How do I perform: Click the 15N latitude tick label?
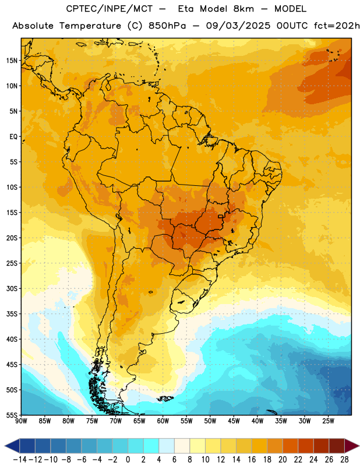[x=12, y=61]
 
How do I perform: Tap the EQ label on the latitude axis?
[x=13, y=137]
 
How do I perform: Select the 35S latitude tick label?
[x=12, y=314]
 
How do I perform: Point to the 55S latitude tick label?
[x=12, y=415]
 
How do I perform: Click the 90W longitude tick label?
[x=21, y=421]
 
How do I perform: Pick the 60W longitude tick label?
[x=163, y=421]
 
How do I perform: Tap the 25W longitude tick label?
[x=328, y=421]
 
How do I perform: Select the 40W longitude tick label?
[x=257, y=421]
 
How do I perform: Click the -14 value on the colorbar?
[x=20, y=460]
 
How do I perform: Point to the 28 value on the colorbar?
[x=344, y=460]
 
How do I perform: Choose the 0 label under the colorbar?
[x=128, y=460]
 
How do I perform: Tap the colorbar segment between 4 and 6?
[x=167, y=446]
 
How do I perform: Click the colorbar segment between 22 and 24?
[x=306, y=446]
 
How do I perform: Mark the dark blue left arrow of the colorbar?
[x=12, y=446]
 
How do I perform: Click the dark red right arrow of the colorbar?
[x=352, y=446]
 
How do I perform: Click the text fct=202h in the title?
[x=337, y=26]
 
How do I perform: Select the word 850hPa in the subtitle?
[x=167, y=26]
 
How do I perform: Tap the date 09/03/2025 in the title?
[x=238, y=26]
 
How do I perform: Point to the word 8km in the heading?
[x=243, y=9]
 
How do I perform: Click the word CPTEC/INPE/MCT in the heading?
[x=110, y=9]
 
